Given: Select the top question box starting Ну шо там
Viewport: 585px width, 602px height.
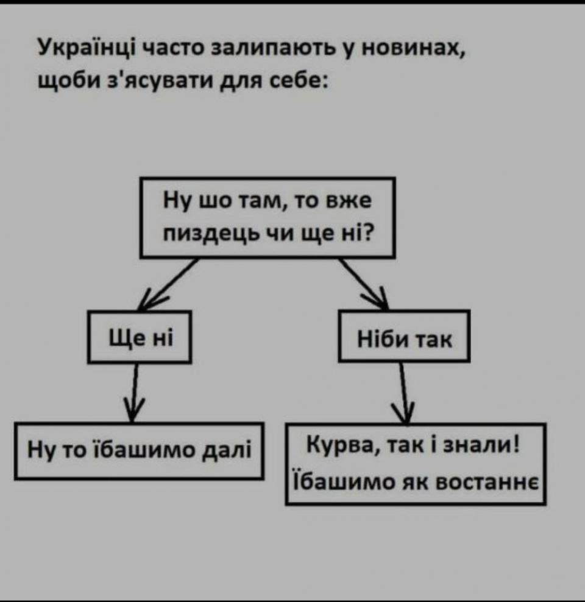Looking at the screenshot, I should [x=268, y=217].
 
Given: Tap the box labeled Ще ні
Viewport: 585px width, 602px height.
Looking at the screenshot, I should [x=141, y=337].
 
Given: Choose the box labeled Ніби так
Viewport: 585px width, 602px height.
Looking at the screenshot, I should [x=405, y=337].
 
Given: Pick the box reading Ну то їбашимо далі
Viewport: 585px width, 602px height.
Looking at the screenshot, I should [x=140, y=451].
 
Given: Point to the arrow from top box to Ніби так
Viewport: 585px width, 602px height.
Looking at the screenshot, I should [x=364, y=284].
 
